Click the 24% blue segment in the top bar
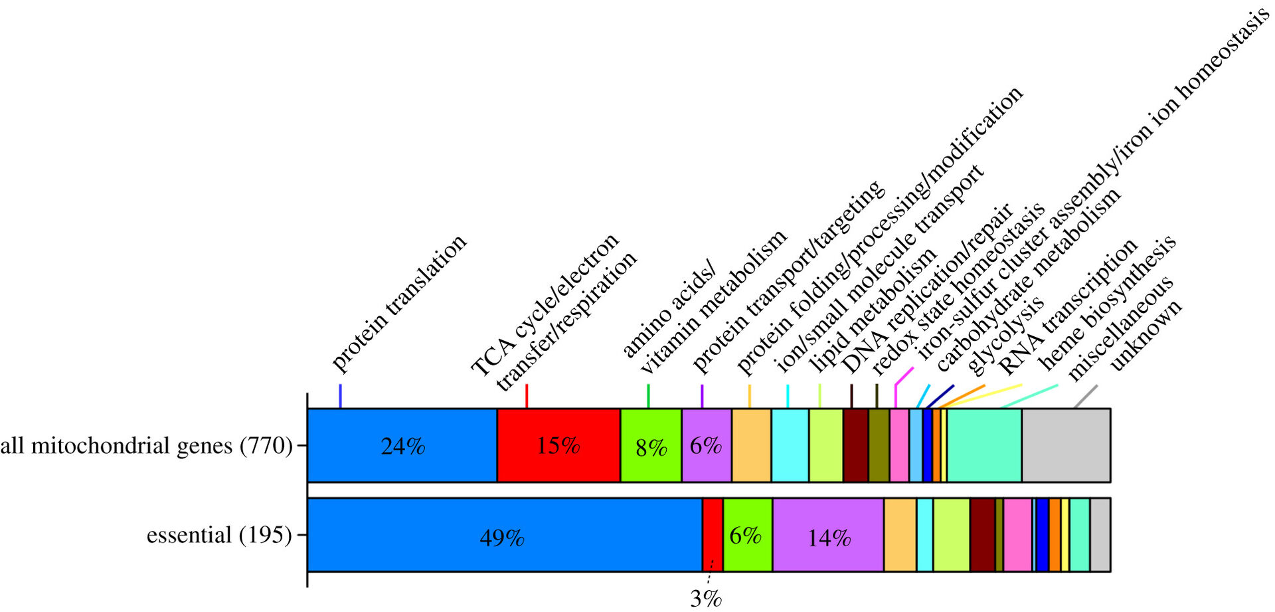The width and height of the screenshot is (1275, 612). (x=402, y=445)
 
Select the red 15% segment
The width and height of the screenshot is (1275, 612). (x=558, y=445)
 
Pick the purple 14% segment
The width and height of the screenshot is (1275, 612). (x=828, y=535)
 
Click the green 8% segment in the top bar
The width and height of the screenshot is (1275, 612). (x=651, y=445)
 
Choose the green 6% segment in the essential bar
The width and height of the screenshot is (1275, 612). (x=747, y=535)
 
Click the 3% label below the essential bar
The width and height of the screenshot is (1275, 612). (x=705, y=599)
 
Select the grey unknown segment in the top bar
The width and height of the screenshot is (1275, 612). (x=1066, y=445)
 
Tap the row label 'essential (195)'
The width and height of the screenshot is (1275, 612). (x=219, y=535)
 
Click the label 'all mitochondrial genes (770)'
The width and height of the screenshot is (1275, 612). (x=146, y=445)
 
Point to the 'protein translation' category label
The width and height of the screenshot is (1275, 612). (x=398, y=304)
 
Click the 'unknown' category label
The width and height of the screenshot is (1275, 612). (x=1146, y=335)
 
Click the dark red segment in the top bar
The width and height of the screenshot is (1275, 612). (x=856, y=445)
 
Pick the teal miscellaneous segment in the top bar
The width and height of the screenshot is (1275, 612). (x=984, y=445)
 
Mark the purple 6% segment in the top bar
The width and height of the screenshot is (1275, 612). (x=706, y=445)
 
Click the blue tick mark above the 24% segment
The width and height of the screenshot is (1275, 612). (x=340, y=395)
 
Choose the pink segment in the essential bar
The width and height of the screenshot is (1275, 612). (x=1017, y=535)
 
